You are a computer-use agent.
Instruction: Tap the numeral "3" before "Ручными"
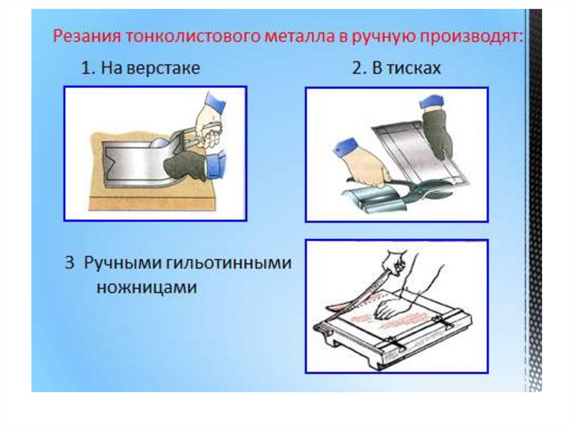pyautogui.click(x=70, y=263)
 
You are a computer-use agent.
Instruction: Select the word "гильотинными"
pyautogui.click(x=229, y=263)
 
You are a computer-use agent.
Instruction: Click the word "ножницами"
pyautogui.click(x=147, y=288)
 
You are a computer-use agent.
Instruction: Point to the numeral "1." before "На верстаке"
pyautogui.click(x=88, y=68)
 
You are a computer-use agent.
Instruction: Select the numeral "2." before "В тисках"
pyautogui.click(x=359, y=68)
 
